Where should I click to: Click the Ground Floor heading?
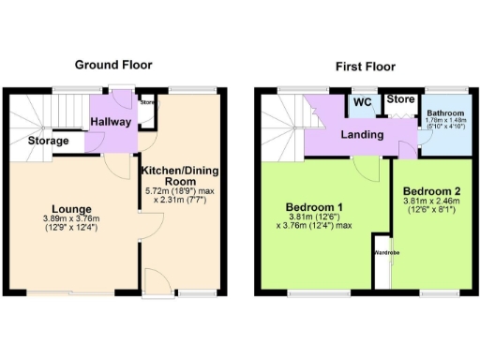tap(113, 65)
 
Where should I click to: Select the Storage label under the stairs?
tap(48, 141)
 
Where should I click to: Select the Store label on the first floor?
tap(400, 98)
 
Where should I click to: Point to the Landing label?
tap(362, 135)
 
